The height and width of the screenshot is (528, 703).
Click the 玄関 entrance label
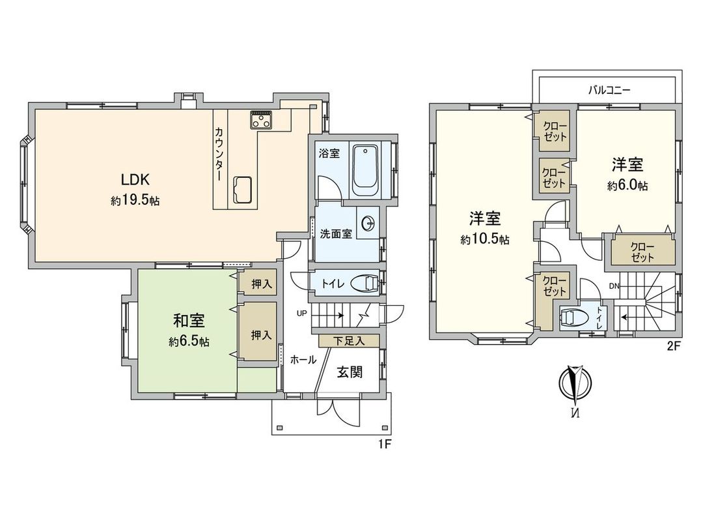tap(349, 372)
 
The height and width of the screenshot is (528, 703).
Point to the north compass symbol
tap(574, 384)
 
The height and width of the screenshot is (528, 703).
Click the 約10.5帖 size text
tap(485, 239)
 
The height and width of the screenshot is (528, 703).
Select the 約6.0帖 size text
tap(627, 185)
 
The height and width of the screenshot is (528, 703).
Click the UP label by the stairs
tap(301, 313)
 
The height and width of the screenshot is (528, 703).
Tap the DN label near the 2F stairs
tap(614, 286)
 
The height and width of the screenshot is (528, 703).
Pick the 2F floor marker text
tap(673, 347)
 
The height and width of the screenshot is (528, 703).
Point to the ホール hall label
tap(303, 360)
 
